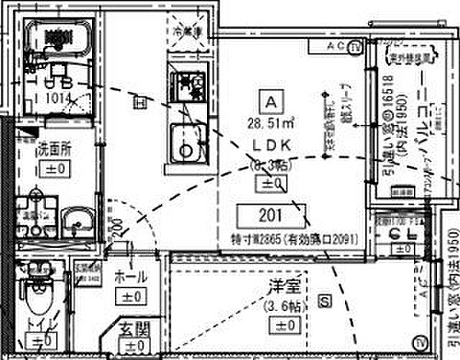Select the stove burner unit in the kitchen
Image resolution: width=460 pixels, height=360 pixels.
[x=187, y=84]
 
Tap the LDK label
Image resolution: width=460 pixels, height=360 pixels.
[x=269, y=145]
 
